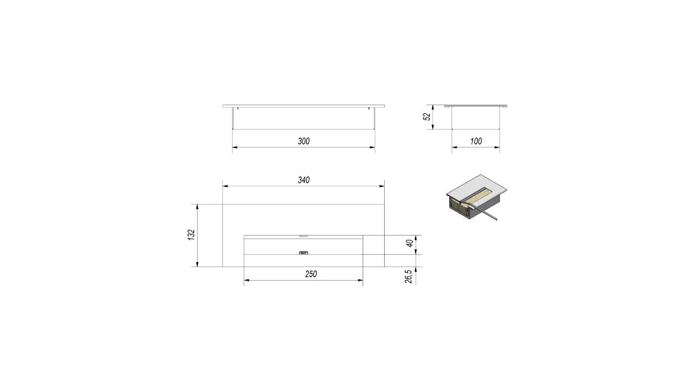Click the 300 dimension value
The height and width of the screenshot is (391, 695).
[304, 141]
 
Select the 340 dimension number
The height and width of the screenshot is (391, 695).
[304, 180]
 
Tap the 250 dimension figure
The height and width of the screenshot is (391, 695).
[311, 274]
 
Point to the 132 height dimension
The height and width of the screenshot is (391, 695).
[191, 235]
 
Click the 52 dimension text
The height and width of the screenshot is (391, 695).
[427, 117]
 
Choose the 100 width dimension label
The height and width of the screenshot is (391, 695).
[476, 141]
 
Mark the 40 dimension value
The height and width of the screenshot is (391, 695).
[410, 243]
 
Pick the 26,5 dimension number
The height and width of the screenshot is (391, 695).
[408, 276]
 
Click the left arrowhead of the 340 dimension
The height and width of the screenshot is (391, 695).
[225, 186]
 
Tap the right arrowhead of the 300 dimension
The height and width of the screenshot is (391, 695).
[373, 148]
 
